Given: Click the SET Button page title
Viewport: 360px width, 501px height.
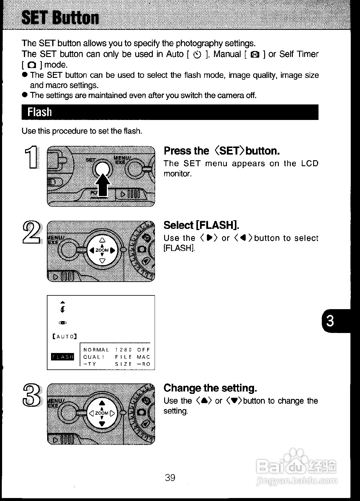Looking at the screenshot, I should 60,18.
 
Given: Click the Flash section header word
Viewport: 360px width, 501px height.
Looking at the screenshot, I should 39,112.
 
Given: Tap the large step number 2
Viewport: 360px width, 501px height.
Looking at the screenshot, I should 31,232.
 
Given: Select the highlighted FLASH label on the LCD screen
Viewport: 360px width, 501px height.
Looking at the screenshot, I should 63,357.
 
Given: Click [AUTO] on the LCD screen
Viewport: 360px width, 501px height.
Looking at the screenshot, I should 65,337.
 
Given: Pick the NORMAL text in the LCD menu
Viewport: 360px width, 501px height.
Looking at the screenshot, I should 96,350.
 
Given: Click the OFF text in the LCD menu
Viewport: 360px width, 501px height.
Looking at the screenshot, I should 144,350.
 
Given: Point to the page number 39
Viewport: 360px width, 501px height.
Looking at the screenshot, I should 170,477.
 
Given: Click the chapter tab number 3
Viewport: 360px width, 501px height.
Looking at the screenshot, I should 330,321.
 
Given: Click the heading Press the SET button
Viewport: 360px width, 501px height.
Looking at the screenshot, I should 221,151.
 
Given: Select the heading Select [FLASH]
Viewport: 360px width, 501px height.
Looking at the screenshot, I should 201,225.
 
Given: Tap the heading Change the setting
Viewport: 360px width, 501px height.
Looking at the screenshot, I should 210,388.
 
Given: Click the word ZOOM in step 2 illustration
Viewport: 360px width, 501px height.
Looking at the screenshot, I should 102,250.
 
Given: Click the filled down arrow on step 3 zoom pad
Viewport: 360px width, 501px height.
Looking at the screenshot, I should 102,423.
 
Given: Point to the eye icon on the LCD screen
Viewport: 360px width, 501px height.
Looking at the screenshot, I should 63,323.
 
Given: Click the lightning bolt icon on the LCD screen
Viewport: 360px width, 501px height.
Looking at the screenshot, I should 62,309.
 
